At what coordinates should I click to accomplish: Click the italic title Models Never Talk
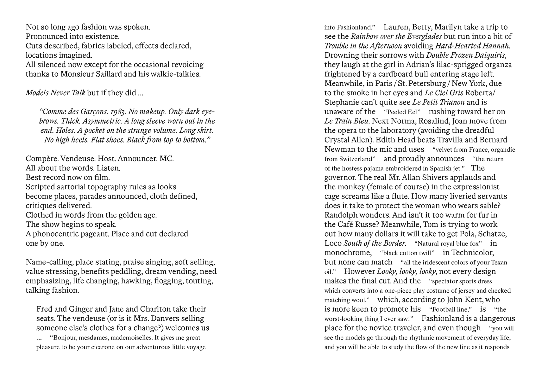tap(55, 93)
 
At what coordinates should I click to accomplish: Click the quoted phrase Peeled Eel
tap(402, 112)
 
